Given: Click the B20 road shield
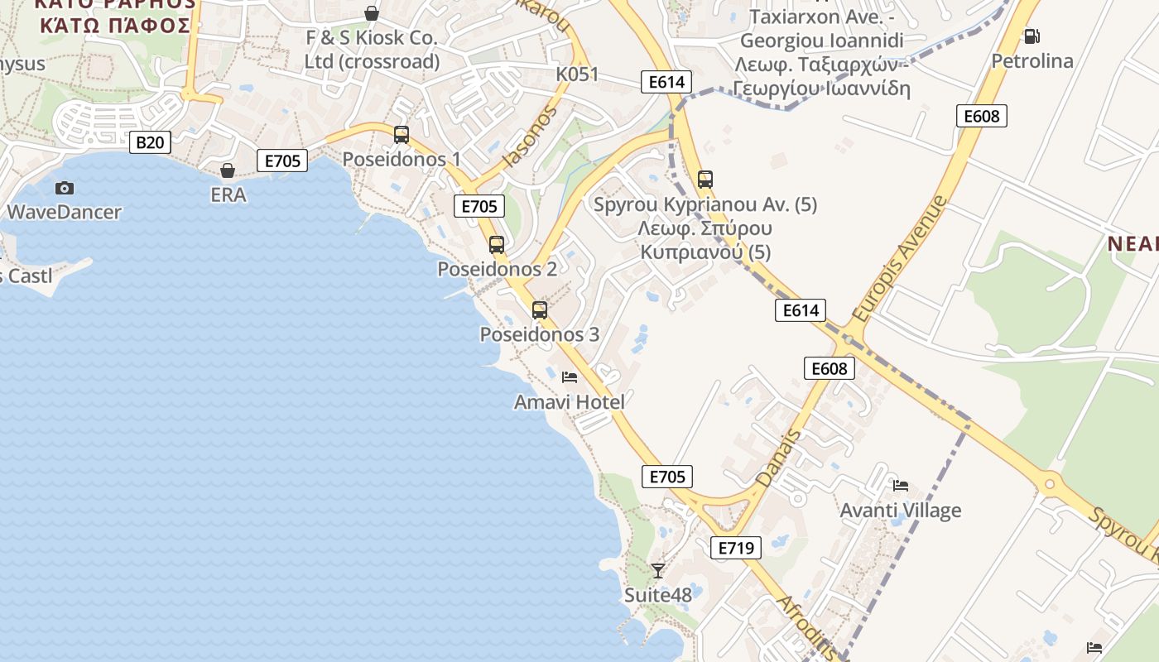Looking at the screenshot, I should pyautogui.click(x=150, y=142).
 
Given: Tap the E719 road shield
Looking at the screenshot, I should pyautogui.click(x=735, y=547).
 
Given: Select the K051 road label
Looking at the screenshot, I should pyautogui.click(x=577, y=74).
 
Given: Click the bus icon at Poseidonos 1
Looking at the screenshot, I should pyautogui.click(x=402, y=134).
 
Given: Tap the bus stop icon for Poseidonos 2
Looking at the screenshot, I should pyautogui.click(x=497, y=244).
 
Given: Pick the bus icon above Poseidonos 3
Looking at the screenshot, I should pyautogui.click(x=540, y=310).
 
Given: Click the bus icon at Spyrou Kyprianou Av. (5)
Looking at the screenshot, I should pyautogui.click(x=705, y=180).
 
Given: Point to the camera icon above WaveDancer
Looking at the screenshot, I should pyautogui.click(x=64, y=188).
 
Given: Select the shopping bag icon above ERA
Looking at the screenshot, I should pyautogui.click(x=228, y=170).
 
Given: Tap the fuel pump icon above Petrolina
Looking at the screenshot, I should pyautogui.click(x=1032, y=36).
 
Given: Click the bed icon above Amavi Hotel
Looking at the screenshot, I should pyautogui.click(x=570, y=377).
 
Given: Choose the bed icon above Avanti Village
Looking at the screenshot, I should pyautogui.click(x=901, y=485).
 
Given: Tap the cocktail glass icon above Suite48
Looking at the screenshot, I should pyautogui.click(x=658, y=570).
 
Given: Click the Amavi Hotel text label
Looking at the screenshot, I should pyautogui.click(x=570, y=402).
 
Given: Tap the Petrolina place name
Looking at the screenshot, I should pyautogui.click(x=1032, y=61).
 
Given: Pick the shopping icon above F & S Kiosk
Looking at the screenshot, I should pyautogui.click(x=372, y=13).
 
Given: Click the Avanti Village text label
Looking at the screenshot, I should pyautogui.click(x=901, y=510).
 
